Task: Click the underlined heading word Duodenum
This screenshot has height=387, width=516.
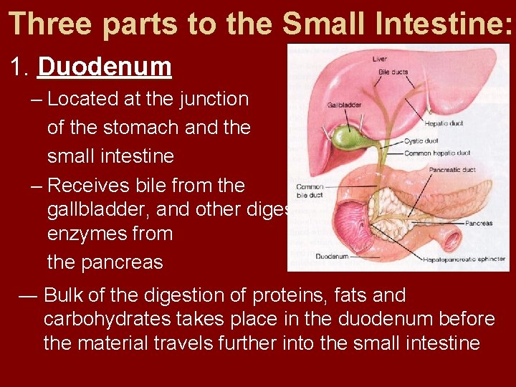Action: point(105,67)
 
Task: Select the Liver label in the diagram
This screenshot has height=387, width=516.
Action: point(379,59)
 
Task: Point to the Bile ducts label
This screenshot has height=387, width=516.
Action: point(393,72)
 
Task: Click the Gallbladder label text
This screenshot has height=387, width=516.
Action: point(344,105)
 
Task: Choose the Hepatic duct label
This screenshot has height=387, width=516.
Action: point(444,123)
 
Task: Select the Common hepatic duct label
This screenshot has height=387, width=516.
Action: point(437,153)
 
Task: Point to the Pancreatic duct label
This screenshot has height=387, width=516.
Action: point(452,171)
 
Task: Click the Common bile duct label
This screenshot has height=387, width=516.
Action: point(310,191)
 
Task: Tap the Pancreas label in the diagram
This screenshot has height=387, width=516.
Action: point(478,224)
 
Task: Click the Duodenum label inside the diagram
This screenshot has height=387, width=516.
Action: point(313,256)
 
